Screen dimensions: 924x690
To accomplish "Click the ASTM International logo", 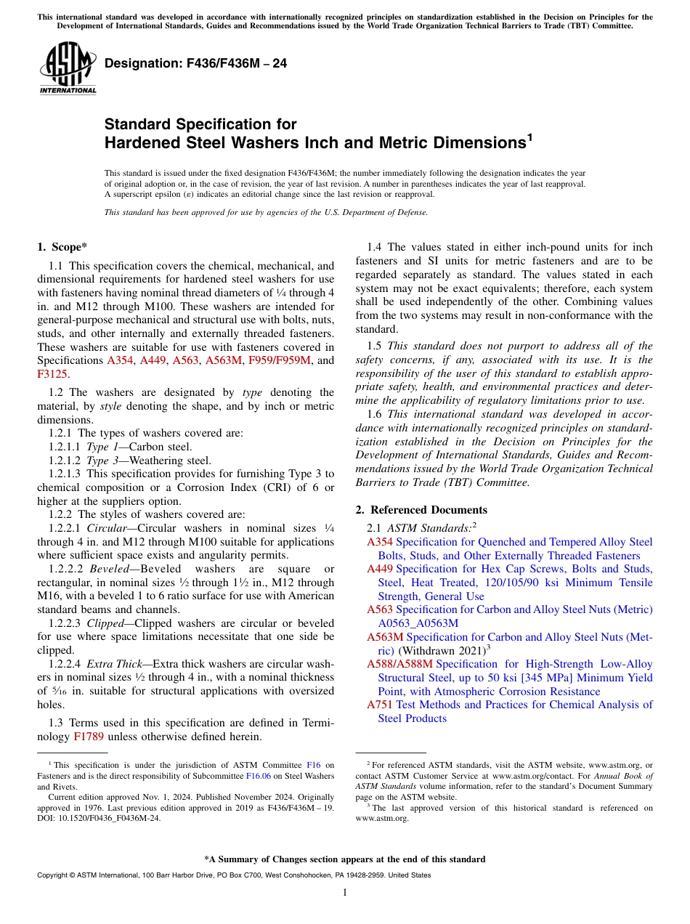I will pyautogui.click(x=68, y=68).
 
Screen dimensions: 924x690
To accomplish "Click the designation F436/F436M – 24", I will pyautogui.click(x=195, y=64).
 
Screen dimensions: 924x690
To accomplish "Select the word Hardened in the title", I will pyautogui.click(x=142, y=143).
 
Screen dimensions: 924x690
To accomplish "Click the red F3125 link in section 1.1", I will pyautogui.click(x=52, y=374).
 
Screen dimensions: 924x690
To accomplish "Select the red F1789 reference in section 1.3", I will pyautogui.click(x=89, y=737).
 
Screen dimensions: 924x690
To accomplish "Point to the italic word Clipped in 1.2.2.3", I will pyautogui.click(x=105, y=623).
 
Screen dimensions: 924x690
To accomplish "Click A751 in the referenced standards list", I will pyautogui.click(x=380, y=705).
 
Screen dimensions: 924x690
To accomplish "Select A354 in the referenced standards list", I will pyautogui.click(x=380, y=542).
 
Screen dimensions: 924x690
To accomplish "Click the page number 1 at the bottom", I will pyautogui.click(x=345, y=892).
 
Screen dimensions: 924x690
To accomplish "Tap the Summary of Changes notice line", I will pyautogui.click(x=345, y=859).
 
